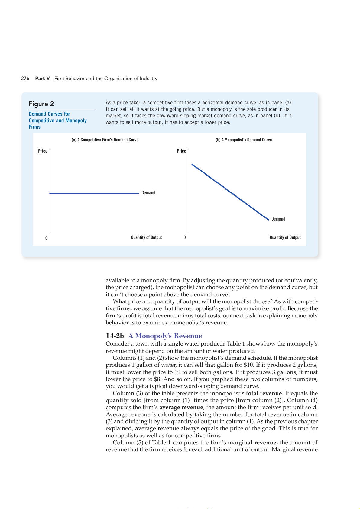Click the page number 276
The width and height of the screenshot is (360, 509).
tap(25, 79)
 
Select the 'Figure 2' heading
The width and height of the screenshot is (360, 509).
tap(41, 104)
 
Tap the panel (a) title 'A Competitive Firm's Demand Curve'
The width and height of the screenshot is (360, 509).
tap(105, 140)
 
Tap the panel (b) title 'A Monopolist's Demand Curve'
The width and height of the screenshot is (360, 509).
tap(244, 140)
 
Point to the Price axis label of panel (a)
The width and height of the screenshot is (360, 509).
tap(43, 151)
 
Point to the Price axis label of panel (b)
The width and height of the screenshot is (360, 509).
tap(181, 151)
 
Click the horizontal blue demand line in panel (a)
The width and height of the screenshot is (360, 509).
tap(94, 193)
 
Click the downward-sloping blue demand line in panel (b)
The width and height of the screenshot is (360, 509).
tap(230, 192)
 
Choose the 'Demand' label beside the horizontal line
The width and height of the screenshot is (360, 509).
tap(148, 193)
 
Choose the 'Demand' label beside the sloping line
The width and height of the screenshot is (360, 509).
tap(278, 219)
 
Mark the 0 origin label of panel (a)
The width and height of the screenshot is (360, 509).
tap(46, 238)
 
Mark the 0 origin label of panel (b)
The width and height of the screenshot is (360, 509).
tap(185, 237)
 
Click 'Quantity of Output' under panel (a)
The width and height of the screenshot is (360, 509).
tap(146, 237)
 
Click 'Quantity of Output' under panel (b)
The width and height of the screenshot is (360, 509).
tap(285, 237)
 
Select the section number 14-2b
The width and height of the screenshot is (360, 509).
tap(115, 336)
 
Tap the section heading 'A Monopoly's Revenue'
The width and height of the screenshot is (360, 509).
tap(165, 336)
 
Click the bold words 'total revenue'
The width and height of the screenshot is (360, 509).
tap(264, 393)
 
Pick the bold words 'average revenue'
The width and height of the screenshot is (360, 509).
tap(181, 407)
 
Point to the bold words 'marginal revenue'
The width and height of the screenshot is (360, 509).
tap(252, 443)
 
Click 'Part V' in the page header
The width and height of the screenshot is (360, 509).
tap(42, 79)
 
